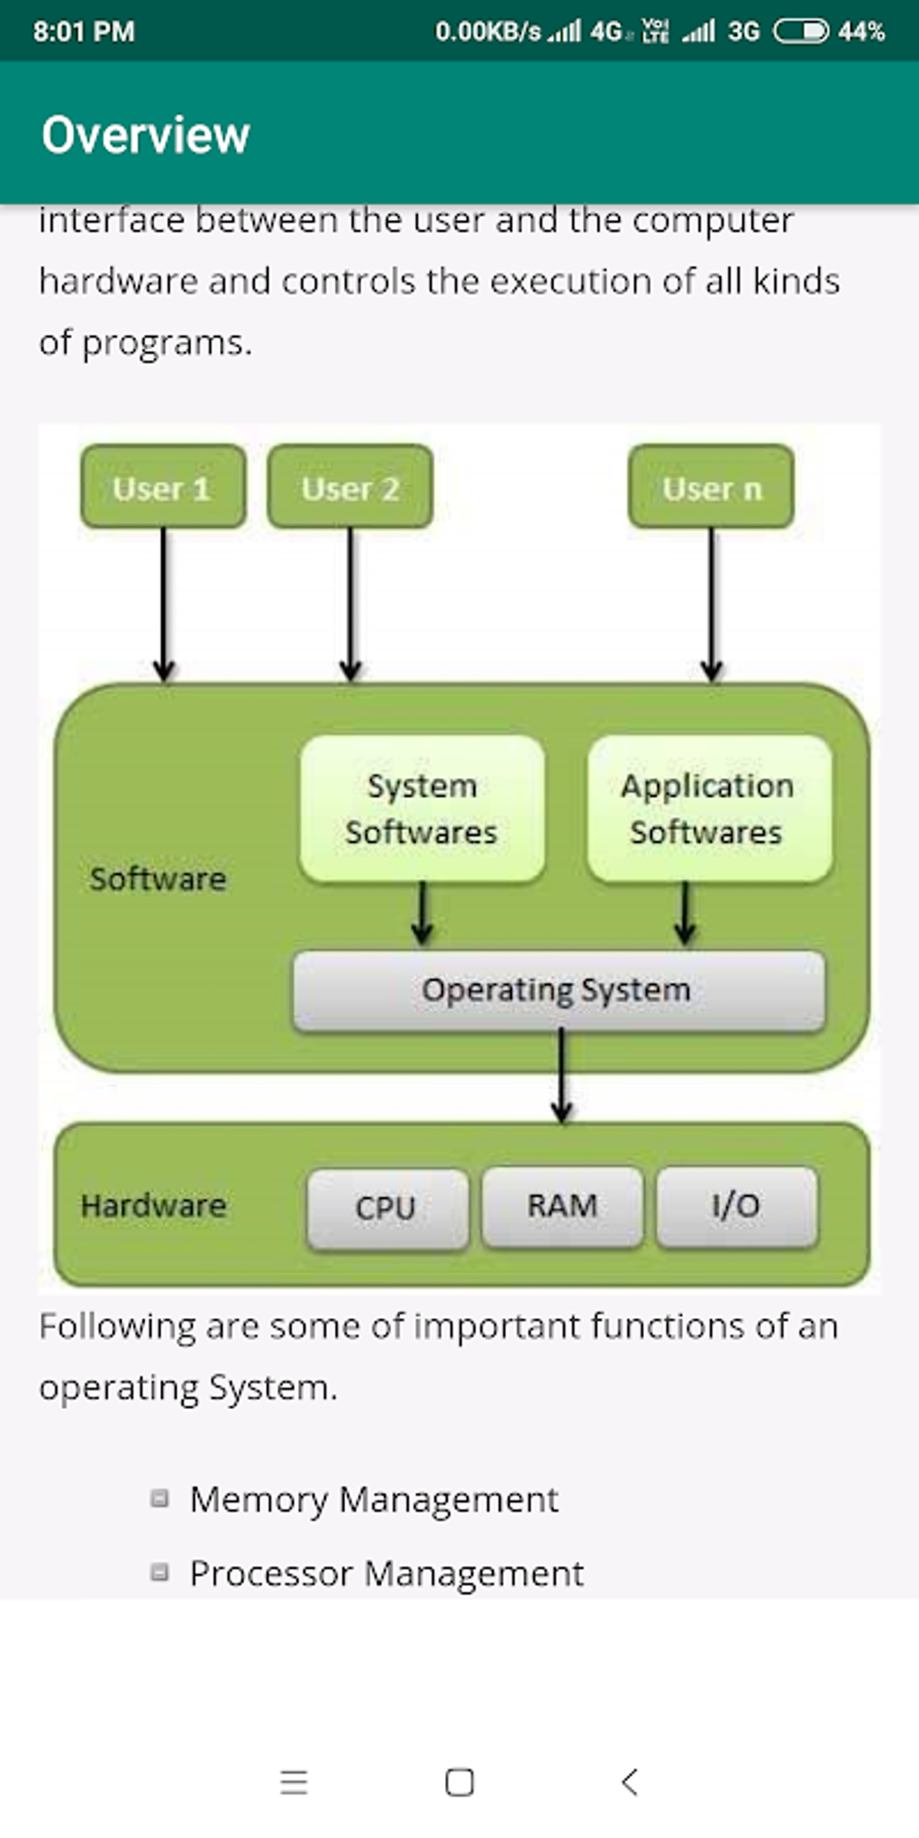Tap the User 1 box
[x=163, y=487]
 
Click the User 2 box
[x=350, y=487]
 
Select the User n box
[x=711, y=487]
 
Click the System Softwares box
[x=422, y=808]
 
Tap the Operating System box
[x=558, y=990]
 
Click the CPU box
[x=387, y=1207]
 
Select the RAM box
[x=562, y=1206]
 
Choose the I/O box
[x=737, y=1206]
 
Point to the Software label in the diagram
[x=158, y=878]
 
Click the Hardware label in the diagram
[x=153, y=1206]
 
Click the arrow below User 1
[x=163, y=604]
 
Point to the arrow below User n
[x=711, y=604]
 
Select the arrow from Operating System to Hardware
[x=561, y=1077]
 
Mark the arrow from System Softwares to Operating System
[x=422, y=914]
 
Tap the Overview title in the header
[x=146, y=135]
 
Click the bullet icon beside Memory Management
[x=159, y=1498]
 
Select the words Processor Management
[x=387, y=1573]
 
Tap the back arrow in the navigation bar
[x=630, y=1781]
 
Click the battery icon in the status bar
[x=800, y=32]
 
